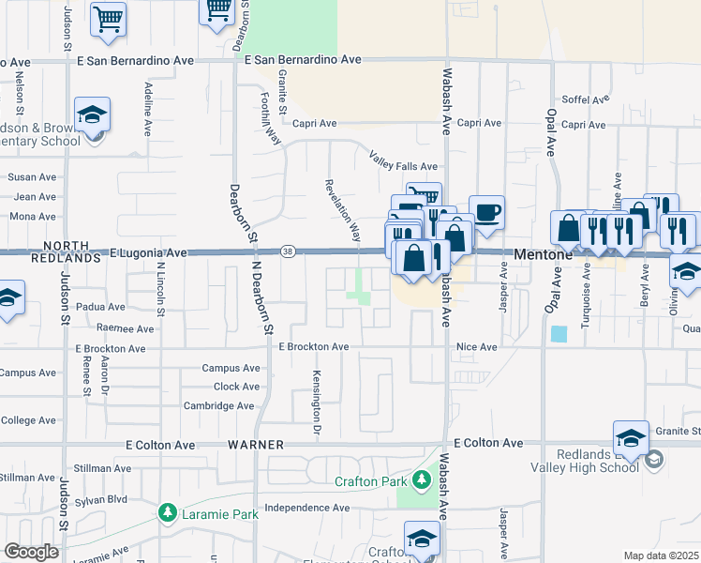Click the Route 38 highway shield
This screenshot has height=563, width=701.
click(x=289, y=251)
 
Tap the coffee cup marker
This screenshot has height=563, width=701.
click(x=485, y=212)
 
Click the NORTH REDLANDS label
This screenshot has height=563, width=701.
click(x=65, y=251)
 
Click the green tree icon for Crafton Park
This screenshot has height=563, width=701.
click(x=422, y=481)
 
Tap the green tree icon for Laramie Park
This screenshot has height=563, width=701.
click(x=168, y=513)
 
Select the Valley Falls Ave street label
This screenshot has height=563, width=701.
click(x=403, y=160)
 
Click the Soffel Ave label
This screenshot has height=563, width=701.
click(x=586, y=99)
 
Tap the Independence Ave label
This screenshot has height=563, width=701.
click(x=306, y=509)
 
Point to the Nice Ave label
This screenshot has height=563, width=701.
click(x=476, y=346)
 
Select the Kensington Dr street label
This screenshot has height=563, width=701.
click(x=317, y=406)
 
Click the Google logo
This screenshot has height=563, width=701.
click(x=31, y=551)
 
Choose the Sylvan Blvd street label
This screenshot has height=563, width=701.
click(x=103, y=499)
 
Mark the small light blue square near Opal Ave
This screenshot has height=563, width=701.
click(x=559, y=333)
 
